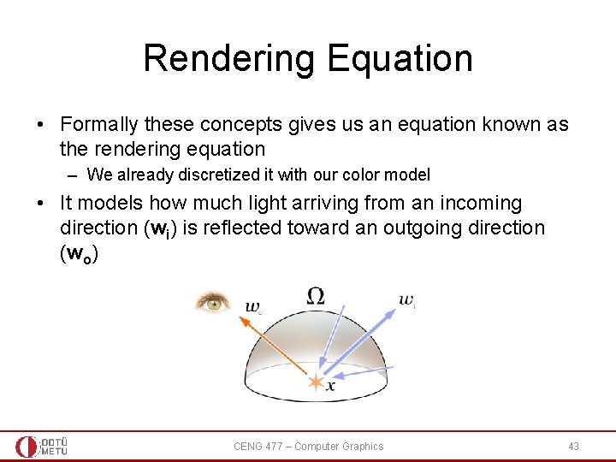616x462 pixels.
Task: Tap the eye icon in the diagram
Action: [x=212, y=302]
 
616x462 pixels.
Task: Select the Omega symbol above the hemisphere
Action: [x=316, y=296]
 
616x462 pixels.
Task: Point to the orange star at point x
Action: [x=316, y=382]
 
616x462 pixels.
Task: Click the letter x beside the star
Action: [x=330, y=388]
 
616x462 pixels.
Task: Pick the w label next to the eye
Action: [x=253, y=306]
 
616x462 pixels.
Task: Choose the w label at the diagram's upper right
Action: [x=406, y=299]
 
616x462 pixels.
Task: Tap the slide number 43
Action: [x=573, y=446]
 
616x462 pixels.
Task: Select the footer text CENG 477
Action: [x=261, y=446]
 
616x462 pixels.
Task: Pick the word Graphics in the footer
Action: [x=363, y=446]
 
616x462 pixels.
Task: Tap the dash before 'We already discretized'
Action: [x=74, y=175]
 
